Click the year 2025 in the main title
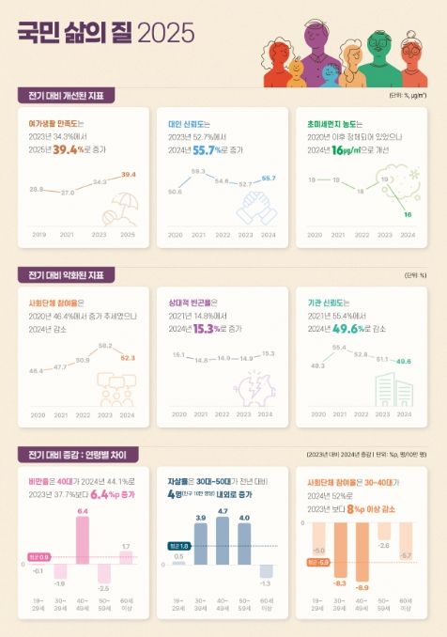[x=166, y=34]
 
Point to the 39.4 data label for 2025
[x=129, y=175]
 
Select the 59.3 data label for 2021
[x=198, y=171]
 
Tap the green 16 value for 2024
[x=408, y=215]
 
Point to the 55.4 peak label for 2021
[x=339, y=348]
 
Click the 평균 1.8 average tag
[x=177, y=546]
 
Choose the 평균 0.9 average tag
[x=39, y=556]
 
